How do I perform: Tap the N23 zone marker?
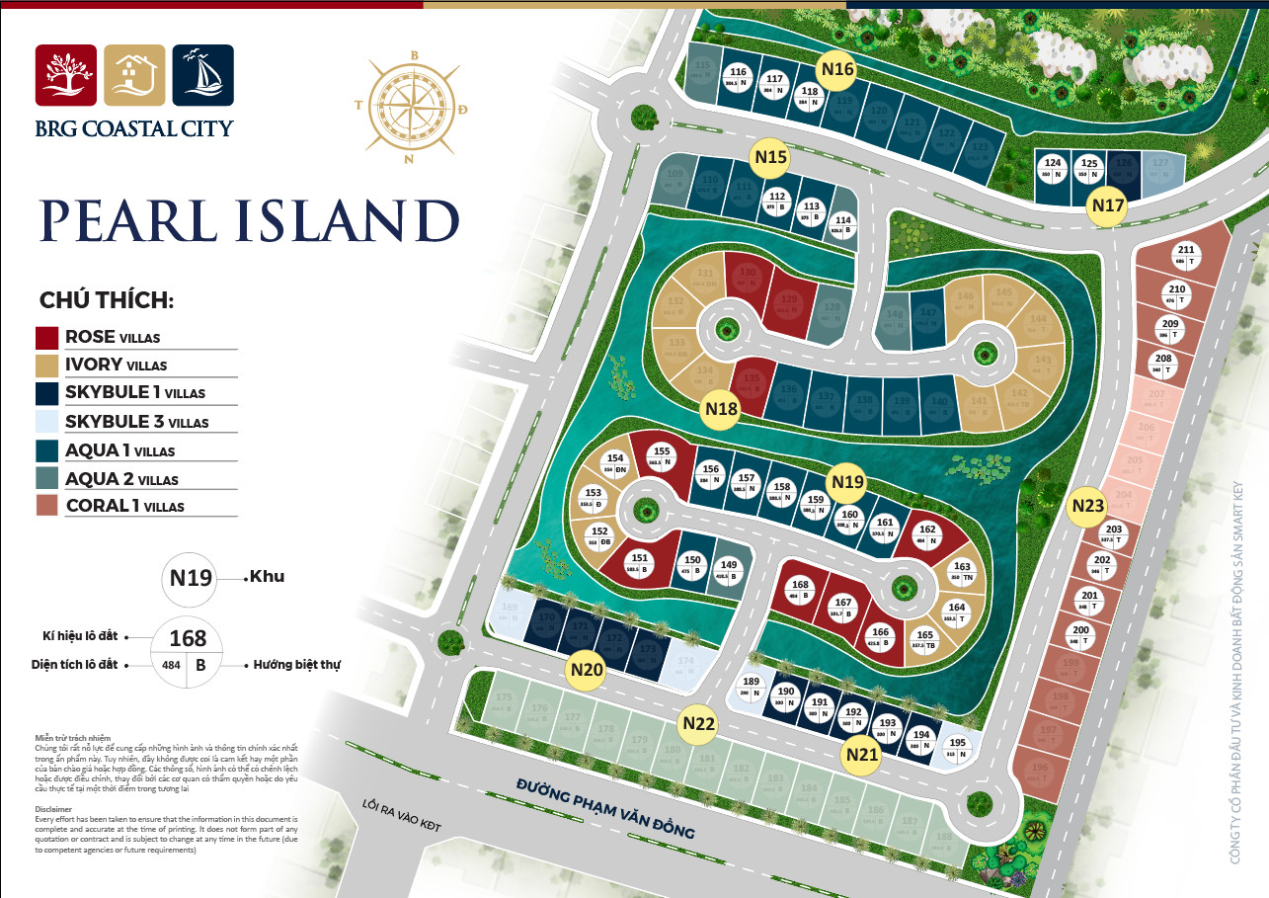(1087, 506)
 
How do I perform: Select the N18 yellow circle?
(722, 409)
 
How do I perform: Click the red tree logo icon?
(66, 75)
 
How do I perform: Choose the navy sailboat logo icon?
(202, 75)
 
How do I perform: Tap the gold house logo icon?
(134, 75)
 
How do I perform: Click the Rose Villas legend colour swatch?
(47, 337)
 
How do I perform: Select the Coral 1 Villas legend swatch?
(47, 506)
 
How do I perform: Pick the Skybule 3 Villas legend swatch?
(47, 422)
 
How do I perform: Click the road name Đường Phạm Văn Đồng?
(605, 808)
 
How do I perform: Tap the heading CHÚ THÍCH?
(107, 300)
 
